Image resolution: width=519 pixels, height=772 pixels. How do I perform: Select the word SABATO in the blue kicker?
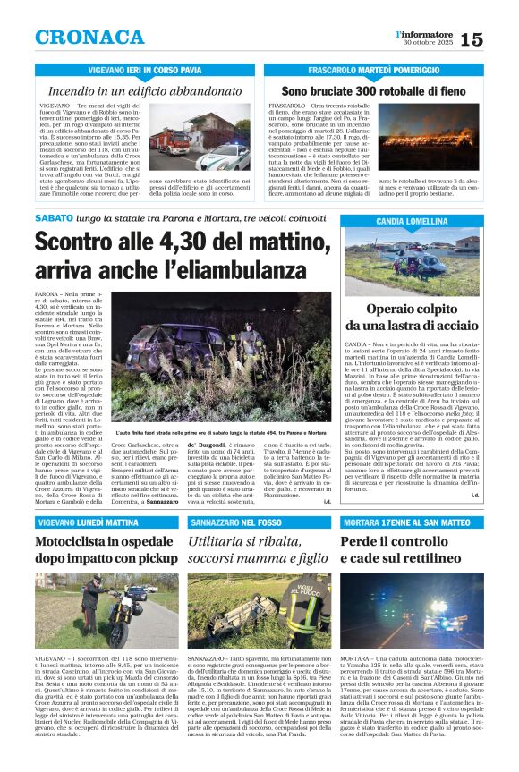(53, 219)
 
